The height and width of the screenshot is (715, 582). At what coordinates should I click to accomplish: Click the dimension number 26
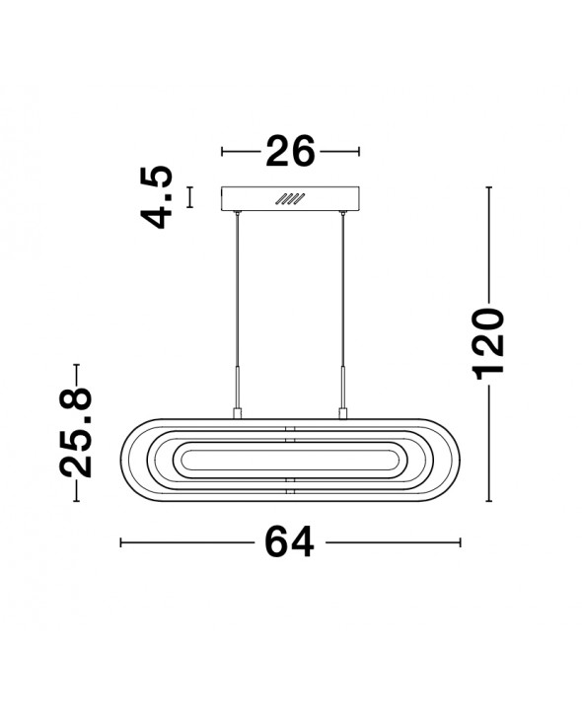(290, 151)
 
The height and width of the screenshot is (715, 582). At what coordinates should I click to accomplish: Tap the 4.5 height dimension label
(158, 197)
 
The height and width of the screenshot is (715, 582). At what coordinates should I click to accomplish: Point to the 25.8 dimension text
(76, 432)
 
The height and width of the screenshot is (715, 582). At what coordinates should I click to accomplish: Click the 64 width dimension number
(290, 541)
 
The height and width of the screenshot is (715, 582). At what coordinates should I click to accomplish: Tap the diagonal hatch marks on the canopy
(290, 199)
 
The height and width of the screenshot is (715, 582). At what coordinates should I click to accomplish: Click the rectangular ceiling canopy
(290, 199)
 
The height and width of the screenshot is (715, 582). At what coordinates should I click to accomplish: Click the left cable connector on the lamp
(237, 413)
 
